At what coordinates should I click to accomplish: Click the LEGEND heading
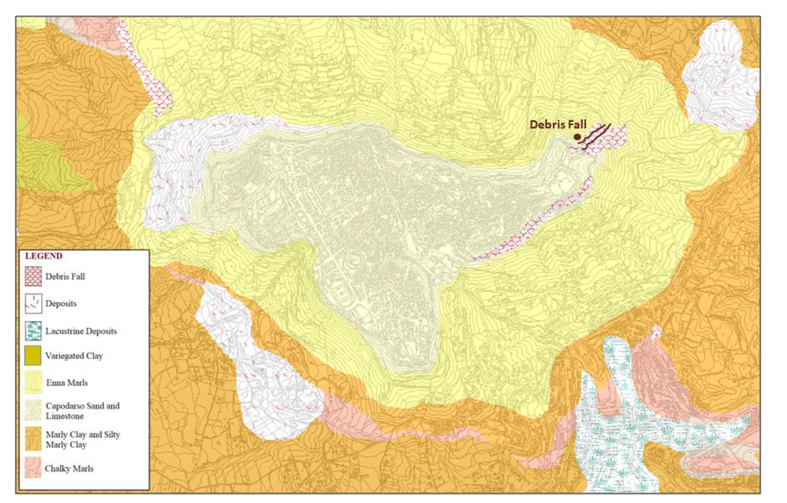(x=44, y=256)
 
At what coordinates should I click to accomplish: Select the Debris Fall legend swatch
(x=33, y=276)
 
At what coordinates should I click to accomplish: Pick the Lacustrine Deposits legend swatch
(x=33, y=331)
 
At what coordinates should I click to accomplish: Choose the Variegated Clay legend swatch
(x=33, y=355)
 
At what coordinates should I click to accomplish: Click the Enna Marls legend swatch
(x=33, y=382)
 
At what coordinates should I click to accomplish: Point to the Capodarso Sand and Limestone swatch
(x=33, y=410)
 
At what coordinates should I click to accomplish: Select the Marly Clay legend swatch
(x=33, y=439)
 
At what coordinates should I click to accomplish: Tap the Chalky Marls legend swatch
(x=33, y=468)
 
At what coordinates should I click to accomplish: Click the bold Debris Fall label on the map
(x=558, y=125)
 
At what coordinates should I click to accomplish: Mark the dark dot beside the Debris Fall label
(x=577, y=137)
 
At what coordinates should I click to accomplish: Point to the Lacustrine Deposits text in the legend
(x=81, y=331)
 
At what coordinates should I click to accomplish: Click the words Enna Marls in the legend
(x=67, y=383)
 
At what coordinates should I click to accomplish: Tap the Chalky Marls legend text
(x=69, y=469)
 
